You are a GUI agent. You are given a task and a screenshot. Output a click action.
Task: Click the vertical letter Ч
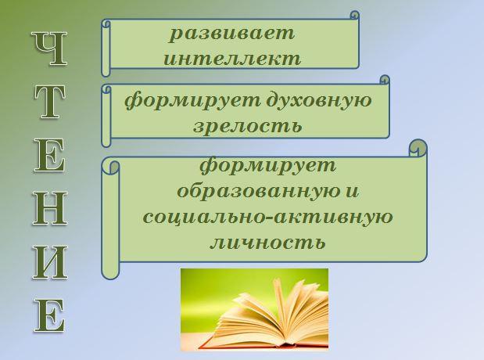point(50,48)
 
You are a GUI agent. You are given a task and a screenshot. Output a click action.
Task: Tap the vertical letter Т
point(50,102)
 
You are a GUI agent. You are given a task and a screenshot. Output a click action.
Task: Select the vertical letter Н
point(50,208)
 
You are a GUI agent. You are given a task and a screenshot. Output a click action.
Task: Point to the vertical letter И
point(50,262)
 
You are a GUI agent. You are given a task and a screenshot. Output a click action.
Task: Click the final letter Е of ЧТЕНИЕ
point(50,315)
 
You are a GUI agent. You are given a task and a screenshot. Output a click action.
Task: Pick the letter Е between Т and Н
point(50,154)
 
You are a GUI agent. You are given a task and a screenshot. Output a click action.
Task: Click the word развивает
point(232,34)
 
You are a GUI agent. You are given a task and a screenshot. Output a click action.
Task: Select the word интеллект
point(232,59)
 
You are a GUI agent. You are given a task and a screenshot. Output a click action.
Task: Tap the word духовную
point(319,101)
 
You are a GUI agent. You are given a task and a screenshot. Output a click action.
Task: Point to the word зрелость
point(248,126)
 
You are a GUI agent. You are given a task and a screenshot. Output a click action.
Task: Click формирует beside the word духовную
point(193,101)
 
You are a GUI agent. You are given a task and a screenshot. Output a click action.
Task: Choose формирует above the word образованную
point(267,166)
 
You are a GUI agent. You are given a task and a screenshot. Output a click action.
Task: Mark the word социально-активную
point(268,216)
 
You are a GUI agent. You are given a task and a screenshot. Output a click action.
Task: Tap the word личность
point(267,242)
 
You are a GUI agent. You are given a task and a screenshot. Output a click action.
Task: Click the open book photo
point(254,309)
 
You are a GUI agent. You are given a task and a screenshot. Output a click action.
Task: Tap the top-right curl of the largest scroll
point(418,147)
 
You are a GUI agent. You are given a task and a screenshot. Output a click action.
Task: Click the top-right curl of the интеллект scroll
point(355,15)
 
